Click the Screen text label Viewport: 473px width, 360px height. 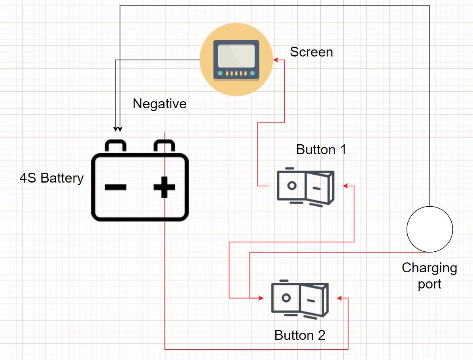pos(311,52)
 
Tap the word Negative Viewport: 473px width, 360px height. pos(159,104)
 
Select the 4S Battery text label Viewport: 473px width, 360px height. pos(51,178)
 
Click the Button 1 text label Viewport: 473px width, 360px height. pos(321,150)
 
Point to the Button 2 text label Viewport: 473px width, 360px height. pos(300,335)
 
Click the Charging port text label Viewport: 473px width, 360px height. pos(429,276)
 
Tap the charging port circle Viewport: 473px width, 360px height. pos(429,229)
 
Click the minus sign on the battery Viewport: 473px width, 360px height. pos(115,187)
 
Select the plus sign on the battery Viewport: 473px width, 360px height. pos(165,187)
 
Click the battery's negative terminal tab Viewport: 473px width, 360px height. pos(115,145)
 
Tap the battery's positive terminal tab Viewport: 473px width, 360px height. pos(164,145)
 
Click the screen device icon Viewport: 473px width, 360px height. pos(236,59)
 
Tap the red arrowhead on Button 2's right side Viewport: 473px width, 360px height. pos(339,298)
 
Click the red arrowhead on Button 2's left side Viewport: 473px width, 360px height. pos(261,298)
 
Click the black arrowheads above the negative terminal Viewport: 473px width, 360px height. pos(117,129)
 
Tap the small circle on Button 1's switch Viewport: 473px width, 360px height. pos(291,185)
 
